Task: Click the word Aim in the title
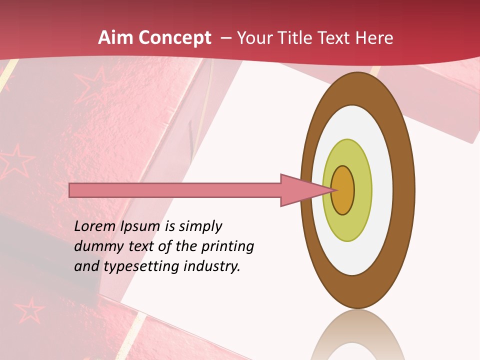115,38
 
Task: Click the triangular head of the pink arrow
300,190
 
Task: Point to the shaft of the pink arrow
175,190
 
